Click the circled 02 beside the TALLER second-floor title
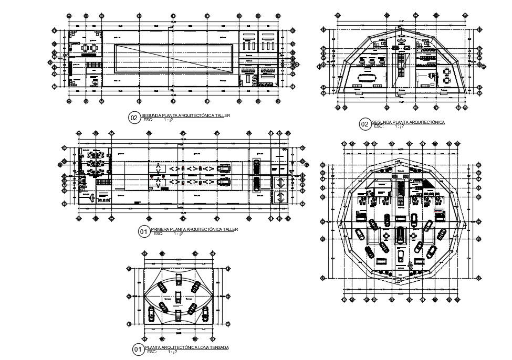pyautogui.click(x=134, y=118)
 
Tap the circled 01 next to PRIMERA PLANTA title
pyautogui.click(x=143, y=231)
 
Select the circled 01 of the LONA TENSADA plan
pyautogui.click(x=138, y=350)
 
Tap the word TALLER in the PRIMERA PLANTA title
pyautogui.click(x=230, y=229)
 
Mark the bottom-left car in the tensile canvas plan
pyautogui.click(x=152, y=314)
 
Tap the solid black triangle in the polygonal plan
pyautogui.click(x=429, y=184)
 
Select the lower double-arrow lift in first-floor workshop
pyautogui.click(x=279, y=198)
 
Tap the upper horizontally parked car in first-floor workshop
pyautogui.click(x=225, y=168)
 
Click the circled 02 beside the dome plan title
pyautogui.click(x=364, y=124)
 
